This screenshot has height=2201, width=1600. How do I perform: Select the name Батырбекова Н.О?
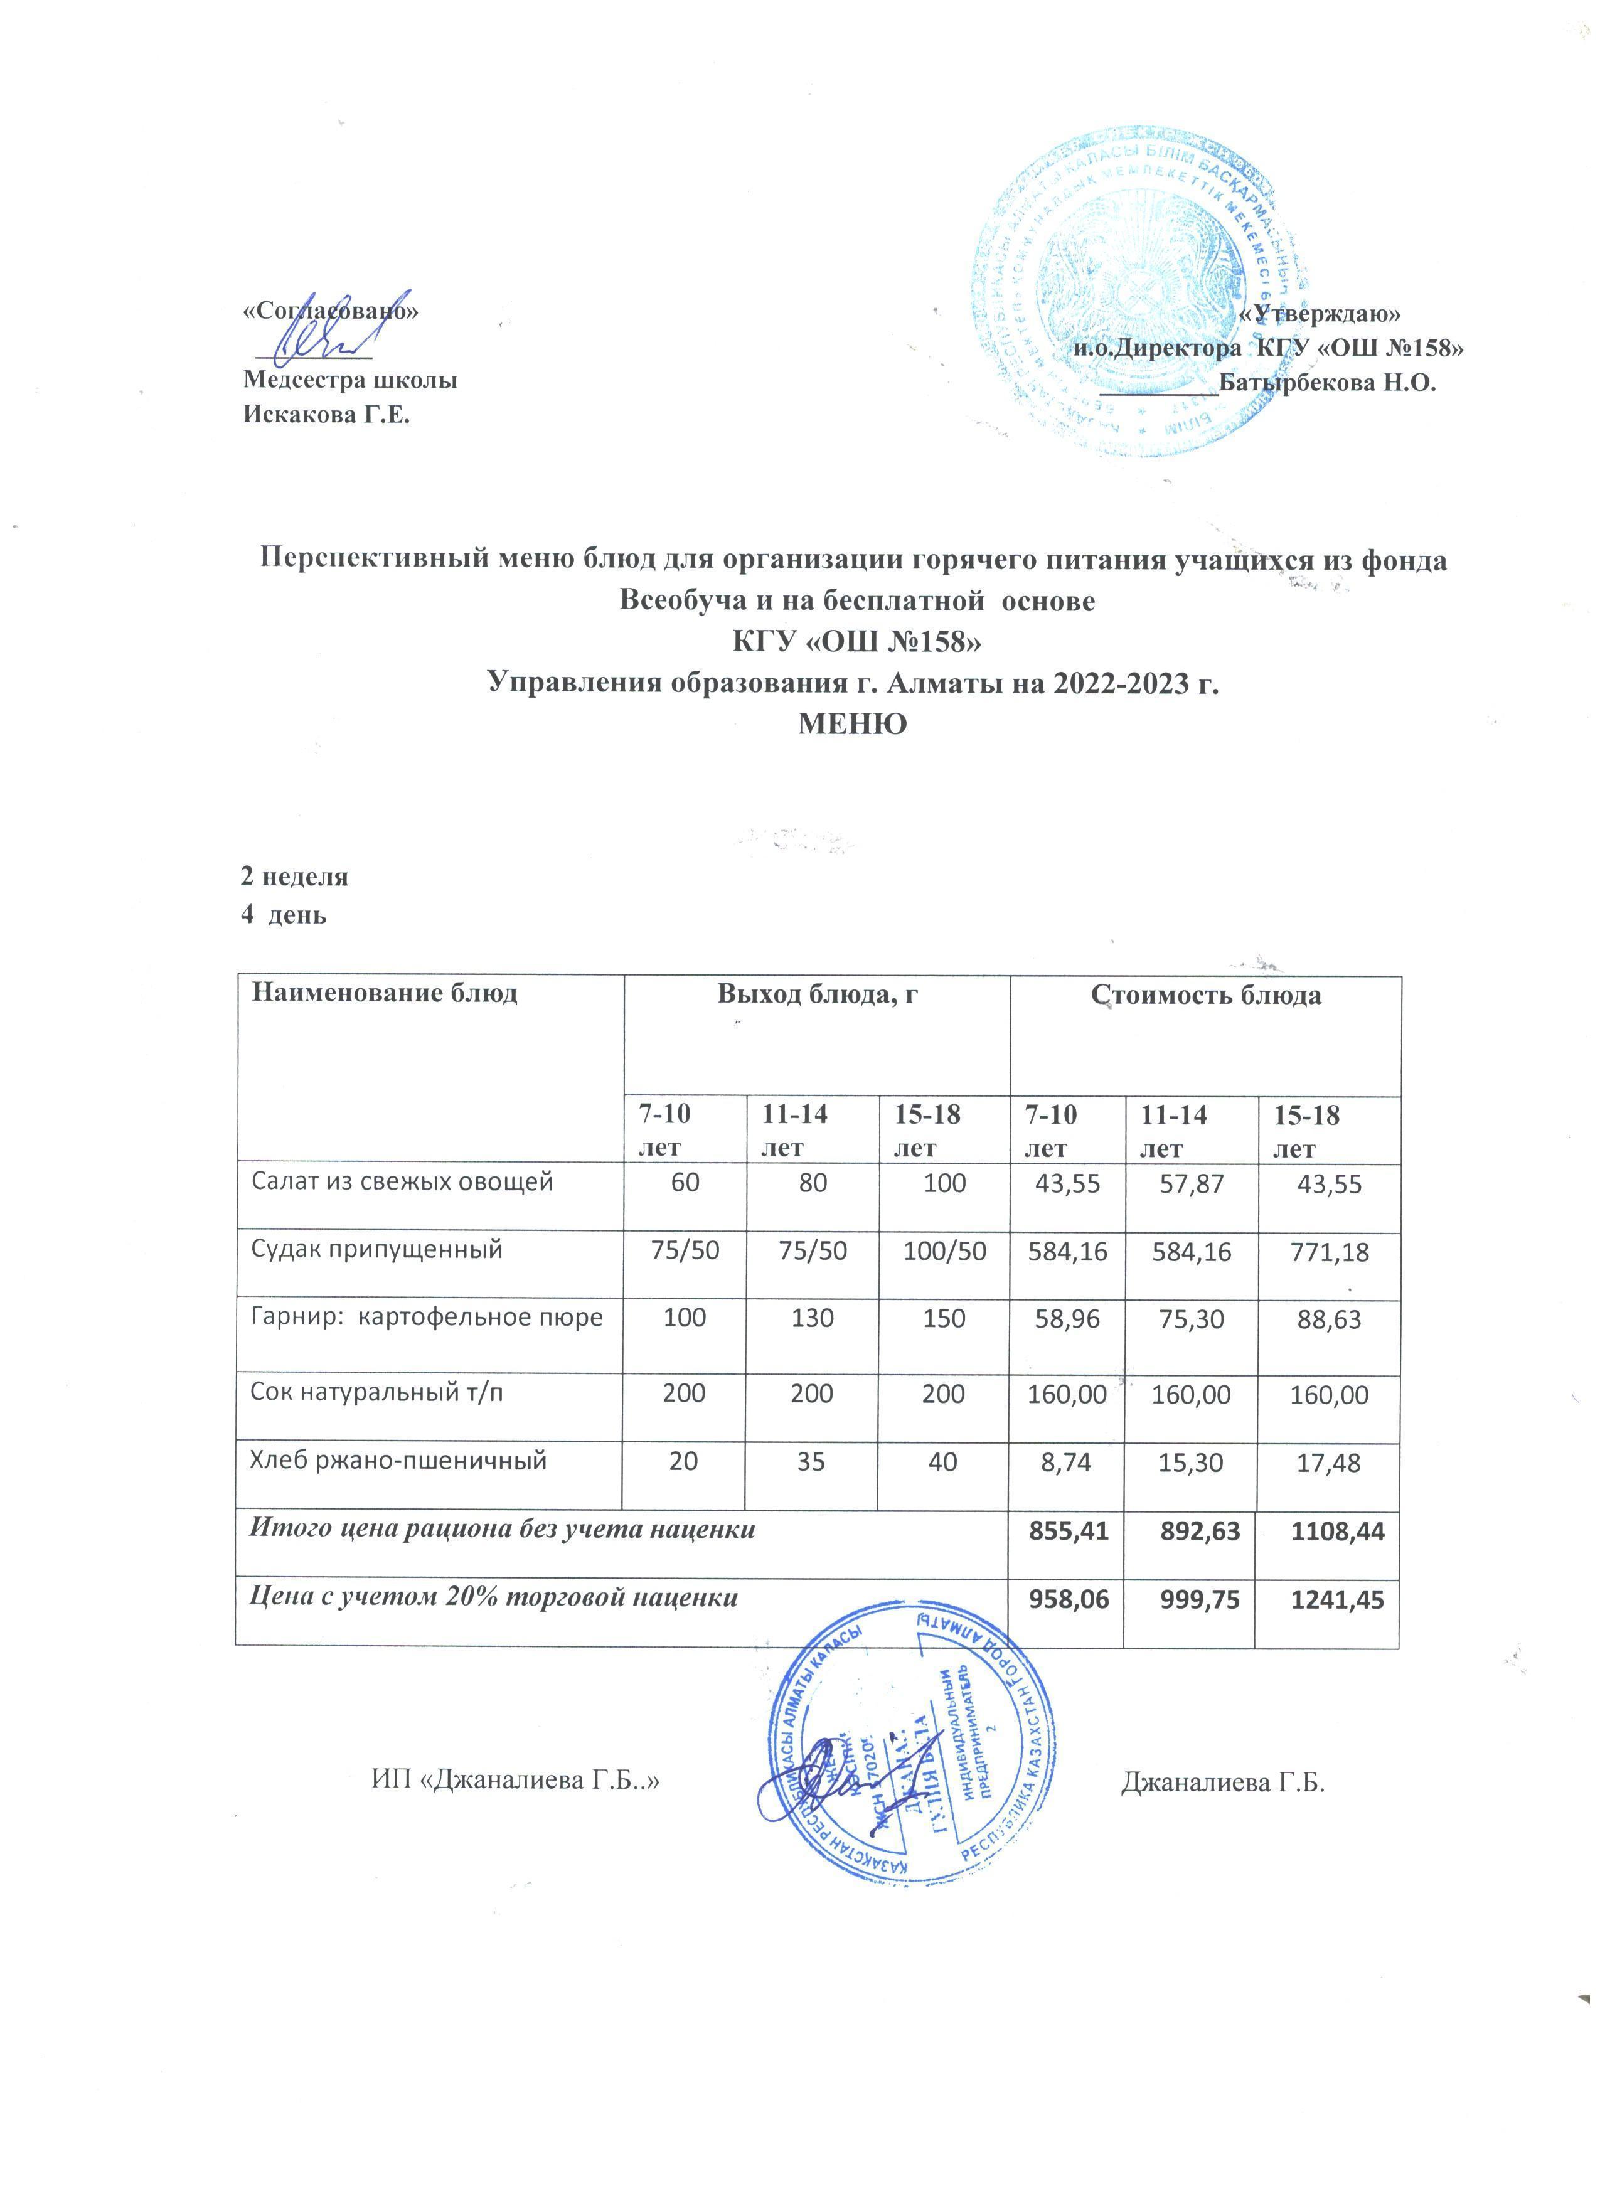[1326, 381]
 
